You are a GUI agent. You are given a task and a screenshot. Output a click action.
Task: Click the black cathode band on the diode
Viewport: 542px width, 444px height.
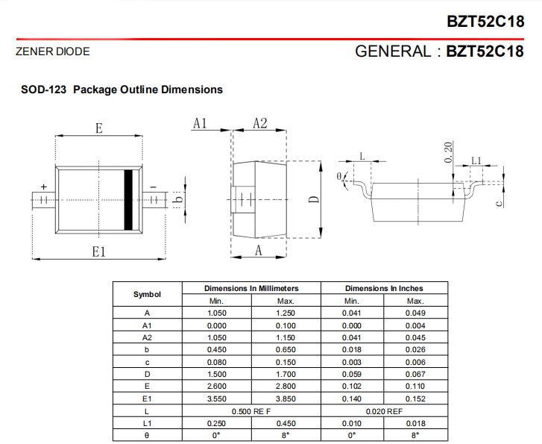click(127, 199)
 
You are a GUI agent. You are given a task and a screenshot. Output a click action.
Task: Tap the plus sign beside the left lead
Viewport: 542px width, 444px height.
click(43, 187)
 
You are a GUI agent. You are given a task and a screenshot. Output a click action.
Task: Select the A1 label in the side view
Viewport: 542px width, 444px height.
click(199, 124)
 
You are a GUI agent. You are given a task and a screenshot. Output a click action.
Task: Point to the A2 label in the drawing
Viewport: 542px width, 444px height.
click(259, 124)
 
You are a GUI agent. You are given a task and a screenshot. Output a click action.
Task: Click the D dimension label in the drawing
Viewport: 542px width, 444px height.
click(314, 199)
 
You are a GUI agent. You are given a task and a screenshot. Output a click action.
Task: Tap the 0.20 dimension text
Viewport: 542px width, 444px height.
click(448, 151)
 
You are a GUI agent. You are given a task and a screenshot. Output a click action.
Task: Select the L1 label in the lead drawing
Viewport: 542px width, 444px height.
click(476, 160)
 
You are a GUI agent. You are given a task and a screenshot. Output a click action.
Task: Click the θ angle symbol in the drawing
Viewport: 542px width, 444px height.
click(339, 176)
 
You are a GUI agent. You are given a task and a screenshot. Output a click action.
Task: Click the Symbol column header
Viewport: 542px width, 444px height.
click(147, 294)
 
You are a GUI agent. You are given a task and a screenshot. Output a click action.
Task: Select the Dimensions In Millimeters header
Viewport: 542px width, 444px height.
click(251, 288)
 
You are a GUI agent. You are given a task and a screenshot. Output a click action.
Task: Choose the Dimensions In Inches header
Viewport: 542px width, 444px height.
click(384, 288)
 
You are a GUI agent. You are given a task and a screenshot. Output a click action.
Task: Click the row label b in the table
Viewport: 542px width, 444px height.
click(147, 349)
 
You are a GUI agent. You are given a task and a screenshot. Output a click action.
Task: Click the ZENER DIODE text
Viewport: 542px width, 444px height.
click(52, 52)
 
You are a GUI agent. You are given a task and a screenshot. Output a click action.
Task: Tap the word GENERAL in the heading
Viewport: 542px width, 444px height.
click(392, 51)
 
